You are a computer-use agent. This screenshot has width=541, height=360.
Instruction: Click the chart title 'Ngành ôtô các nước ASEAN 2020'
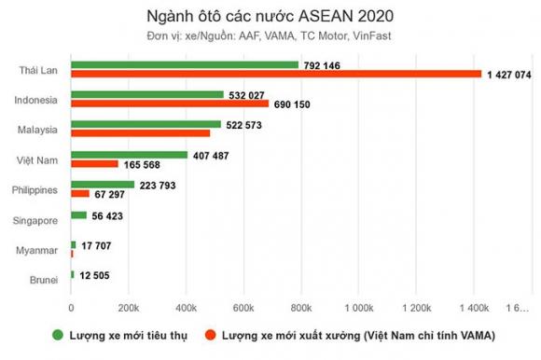pyautogui.click(x=270, y=17)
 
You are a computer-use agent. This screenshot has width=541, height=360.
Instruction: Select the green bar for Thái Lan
pyautogui.click(x=185, y=64)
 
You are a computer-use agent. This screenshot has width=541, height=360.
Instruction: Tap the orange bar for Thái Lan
pyautogui.click(x=276, y=73)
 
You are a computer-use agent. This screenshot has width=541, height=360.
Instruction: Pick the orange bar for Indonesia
pyautogui.click(x=170, y=104)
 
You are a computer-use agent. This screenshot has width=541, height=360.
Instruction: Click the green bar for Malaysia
pyautogui.click(x=146, y=124)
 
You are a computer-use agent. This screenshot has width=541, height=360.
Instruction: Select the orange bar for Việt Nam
pyautogui.click(x=95, y=164)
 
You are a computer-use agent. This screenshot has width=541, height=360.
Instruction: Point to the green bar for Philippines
pyautogui.click(x=103, y=185)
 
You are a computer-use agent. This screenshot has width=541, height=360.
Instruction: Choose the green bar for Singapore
pyautogui.click(x=79, y=215)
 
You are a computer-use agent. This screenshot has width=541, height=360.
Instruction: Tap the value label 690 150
pyautogui.click(x=295, y=104)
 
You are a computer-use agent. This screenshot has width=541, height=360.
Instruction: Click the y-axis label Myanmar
pyautogui.click(x=41, y=250)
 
